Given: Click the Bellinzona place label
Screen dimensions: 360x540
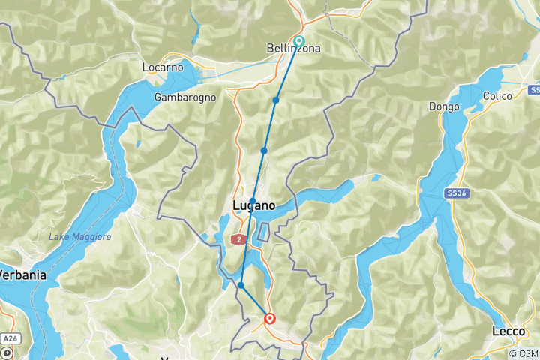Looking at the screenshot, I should [294, 49].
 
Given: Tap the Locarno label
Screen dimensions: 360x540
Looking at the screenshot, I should [163, 67].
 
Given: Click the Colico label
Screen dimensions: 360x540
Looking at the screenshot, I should [497, 96].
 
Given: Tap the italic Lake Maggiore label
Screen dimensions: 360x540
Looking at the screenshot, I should [79, 237].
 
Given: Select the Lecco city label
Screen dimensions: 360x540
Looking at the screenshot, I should [508, 331].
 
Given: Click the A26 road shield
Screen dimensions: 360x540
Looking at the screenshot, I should [8, 339].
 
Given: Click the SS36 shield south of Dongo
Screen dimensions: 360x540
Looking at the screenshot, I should [454, 193].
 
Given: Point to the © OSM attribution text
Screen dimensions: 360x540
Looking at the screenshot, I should [522, 353].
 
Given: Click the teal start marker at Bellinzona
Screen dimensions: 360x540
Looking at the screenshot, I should [299, 41].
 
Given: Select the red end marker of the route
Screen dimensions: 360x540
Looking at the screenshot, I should [269, 319].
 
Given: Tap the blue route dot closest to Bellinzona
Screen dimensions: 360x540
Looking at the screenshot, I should [276, 100].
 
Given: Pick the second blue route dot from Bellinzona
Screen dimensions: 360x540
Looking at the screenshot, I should [264, 151].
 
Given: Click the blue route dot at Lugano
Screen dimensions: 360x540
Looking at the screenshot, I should [253, 201].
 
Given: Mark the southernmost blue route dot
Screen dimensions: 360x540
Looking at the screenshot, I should [241, 285].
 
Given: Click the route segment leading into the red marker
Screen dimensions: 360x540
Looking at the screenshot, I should [255, 302].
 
